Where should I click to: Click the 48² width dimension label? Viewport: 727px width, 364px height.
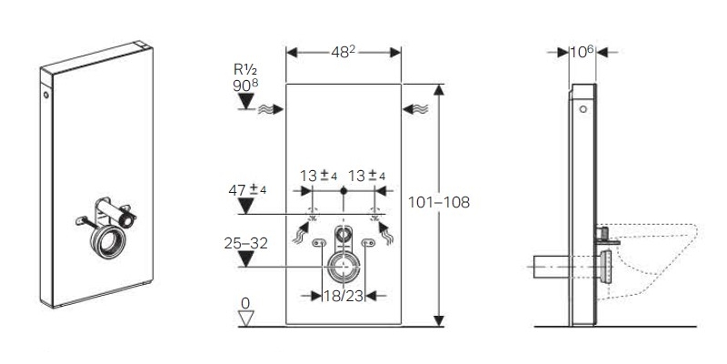pos(344,52)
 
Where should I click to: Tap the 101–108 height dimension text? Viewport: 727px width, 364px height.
pos(439,202)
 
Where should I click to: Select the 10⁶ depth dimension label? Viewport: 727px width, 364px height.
pos(582,52)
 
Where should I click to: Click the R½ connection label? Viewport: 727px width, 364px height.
pos(245,70)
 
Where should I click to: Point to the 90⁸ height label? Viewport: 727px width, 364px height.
pos(245,85)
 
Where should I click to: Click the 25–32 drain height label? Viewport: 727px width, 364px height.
pos(245,243)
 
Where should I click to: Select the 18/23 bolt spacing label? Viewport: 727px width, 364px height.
pos(344,296)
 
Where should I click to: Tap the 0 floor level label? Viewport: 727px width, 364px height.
pos(245,303)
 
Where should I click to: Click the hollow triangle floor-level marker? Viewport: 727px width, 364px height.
pos(245,318)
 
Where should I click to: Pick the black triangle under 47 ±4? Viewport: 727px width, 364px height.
pos(245,206)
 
